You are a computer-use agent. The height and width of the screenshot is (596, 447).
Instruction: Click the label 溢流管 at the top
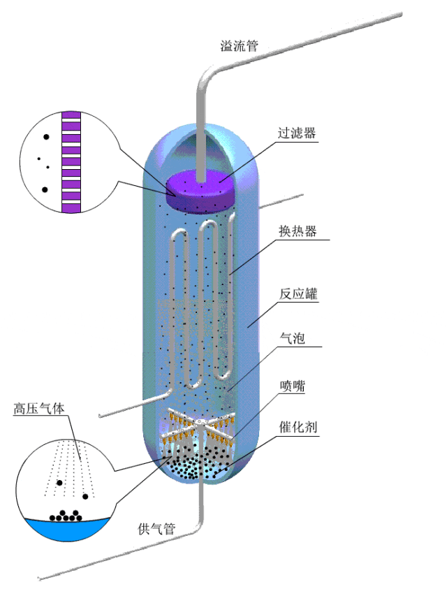click(x=239, y=47)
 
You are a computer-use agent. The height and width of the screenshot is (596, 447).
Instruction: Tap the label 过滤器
click(x=297, y=133)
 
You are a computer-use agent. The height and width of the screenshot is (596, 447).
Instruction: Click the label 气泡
click(x=291, y=339)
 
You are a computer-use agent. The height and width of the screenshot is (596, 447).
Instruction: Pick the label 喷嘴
click(x=292, y=386)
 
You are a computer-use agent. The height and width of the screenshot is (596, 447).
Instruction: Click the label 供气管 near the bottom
click(x=156, y=529)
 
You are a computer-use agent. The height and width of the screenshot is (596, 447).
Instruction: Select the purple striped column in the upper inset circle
click(x=72, y=161)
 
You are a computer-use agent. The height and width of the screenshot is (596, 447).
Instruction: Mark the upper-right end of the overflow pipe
click(x=400, y=14)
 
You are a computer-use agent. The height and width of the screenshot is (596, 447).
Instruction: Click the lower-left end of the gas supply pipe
click(x=41, y=578)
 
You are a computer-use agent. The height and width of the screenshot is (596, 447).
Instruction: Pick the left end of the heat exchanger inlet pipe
click(x=101, y=417)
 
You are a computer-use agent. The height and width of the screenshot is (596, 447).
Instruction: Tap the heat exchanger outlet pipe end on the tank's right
click(x=301, y=196)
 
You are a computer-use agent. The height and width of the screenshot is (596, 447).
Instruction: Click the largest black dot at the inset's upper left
click(x=46, y=138)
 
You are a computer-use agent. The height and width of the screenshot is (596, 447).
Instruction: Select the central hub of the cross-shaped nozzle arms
click(x=200, y=425)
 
